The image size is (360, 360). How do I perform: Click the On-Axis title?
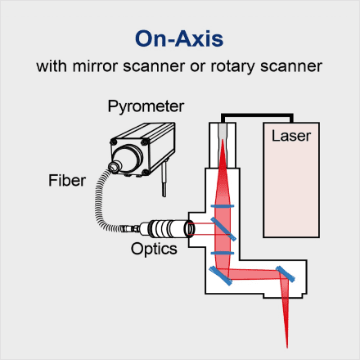(x=179, y=38)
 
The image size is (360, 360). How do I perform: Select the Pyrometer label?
(x=146, y=106)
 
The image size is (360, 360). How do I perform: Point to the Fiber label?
(x=67, y=180)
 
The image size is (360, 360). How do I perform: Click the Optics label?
(x=154, y=250)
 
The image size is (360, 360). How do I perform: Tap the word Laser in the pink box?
(x=291, y=136)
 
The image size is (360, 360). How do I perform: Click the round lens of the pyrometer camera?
(x=115, y=166)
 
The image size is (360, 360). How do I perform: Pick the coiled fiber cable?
(x=101, y=202)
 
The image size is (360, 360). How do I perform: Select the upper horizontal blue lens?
(x=223, y=206)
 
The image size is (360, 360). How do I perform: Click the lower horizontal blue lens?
(x=223, y=253)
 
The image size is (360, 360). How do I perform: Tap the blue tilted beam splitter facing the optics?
(x=223, y=229)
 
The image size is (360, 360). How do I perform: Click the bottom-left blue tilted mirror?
(x=220, y=276)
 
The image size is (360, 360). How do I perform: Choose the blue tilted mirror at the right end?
(x=286, y=274)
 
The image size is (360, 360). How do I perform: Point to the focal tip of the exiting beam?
(x=287, y=348)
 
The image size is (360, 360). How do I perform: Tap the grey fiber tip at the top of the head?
(x=223, y=131)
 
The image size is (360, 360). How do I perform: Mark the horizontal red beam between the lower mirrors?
(x=254, y=274)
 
